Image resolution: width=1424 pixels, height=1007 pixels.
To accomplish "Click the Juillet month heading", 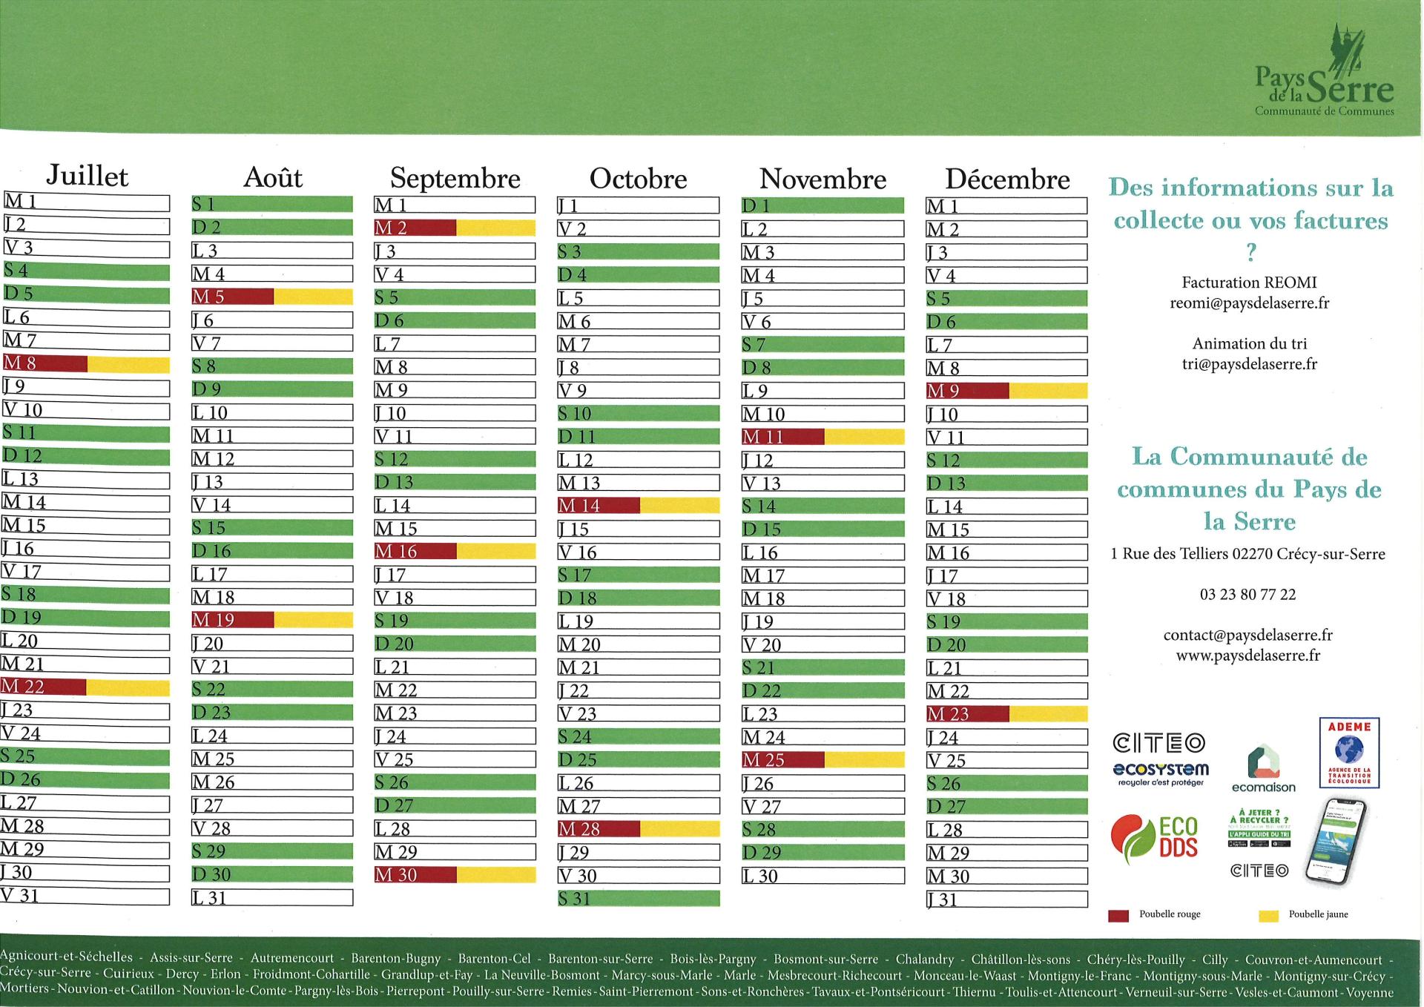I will pos(87,176).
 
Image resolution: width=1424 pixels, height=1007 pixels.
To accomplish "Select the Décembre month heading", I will pos(1007,179).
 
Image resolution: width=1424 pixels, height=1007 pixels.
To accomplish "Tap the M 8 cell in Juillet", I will pos(85,364).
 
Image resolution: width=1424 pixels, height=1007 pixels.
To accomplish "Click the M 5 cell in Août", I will pos(271,297).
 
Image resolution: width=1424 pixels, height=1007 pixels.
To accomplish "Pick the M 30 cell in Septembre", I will pos(455,875).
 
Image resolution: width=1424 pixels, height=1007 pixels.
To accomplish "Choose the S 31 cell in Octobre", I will pos(638,899).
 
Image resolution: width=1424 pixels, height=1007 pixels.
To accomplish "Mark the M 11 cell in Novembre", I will pos(823,437).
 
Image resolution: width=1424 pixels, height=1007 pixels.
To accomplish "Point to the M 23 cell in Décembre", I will pos(1006,714).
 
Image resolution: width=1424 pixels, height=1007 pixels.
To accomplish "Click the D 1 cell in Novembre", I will pos(823,205).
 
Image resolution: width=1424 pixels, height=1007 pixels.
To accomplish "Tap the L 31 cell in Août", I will pos(271,898).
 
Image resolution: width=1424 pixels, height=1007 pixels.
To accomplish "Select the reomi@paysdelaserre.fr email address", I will pos(1250,303).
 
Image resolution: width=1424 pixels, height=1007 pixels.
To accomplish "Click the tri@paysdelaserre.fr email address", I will pos(1250,364).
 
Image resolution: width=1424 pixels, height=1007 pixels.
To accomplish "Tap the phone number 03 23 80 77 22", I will pos(1248,595).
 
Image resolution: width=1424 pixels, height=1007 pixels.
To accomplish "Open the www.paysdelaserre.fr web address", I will pos(1248,656).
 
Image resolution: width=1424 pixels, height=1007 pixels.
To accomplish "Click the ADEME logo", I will pos(1348,753).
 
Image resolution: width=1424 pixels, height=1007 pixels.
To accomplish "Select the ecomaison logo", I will pos(1263,769).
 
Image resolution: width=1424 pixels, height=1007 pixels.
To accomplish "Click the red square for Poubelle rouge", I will pos(1118,916).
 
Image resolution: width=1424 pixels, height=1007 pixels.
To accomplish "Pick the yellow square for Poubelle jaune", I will pos(1269,916).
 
